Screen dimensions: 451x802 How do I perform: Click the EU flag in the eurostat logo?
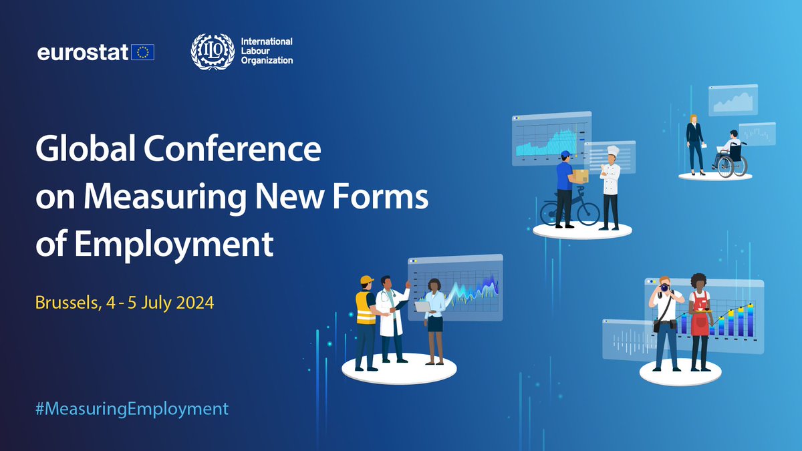click(142, 52)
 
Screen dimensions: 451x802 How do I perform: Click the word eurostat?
click(83, 53)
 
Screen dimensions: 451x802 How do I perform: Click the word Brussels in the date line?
click(64, 303)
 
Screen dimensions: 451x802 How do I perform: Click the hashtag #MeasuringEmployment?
click(132, 408)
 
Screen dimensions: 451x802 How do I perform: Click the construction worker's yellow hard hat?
click(366, 280)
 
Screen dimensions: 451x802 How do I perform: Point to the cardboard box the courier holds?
click(580, 175)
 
